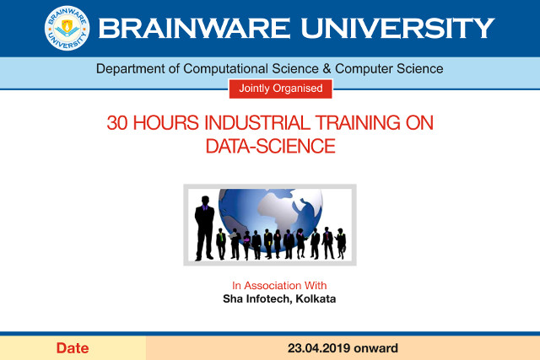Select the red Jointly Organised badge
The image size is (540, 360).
coord(280,87)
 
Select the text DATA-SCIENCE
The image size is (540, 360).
coord(270,146)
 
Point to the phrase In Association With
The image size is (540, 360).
coord(279,285)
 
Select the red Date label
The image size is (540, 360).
coord(73,347)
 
